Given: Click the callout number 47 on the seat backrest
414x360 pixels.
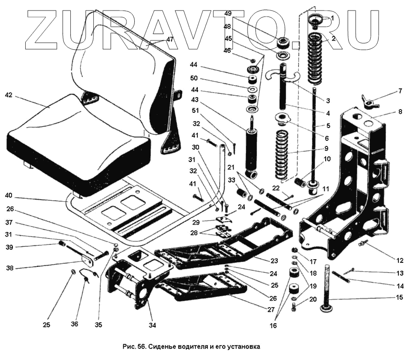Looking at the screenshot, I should [x=170, y=40].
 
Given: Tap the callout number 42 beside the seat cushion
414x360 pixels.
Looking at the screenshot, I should [x=8, y=95].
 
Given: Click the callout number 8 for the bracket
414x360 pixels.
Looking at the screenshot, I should [x=400, y=111].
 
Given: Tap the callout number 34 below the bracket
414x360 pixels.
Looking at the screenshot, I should [x=152, y=325].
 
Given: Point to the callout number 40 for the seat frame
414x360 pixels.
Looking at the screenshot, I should [x=9, y=196].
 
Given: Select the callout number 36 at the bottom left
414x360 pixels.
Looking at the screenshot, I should [x=74, y=324].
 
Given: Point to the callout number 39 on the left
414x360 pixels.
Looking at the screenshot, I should [x=9, y=247].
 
